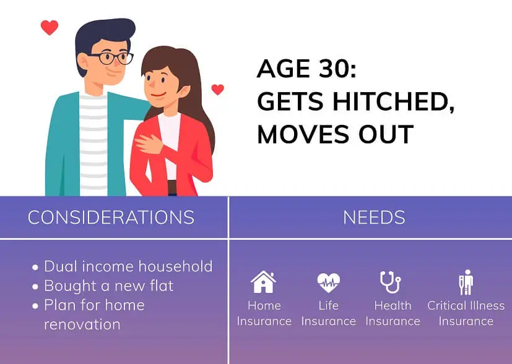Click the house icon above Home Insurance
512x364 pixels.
(x=263, y=282)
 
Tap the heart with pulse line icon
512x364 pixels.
(x=328, y=282)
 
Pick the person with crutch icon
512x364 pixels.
(x=466, y=282)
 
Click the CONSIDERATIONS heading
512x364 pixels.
(x=111, y=218)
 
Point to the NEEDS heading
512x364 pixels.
(x=374, y=218)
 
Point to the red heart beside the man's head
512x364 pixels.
(x=49, y=27)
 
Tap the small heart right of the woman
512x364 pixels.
(x=217, y=90)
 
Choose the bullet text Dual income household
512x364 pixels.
(x=128, y=266)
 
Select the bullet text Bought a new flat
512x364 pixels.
(x=108, y=286)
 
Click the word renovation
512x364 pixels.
(x=82, y=324)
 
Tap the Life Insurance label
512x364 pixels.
(x=328, y=313)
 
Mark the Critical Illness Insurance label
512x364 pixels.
(x=466, y=313)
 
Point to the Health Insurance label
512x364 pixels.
(x=393, y=313)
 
